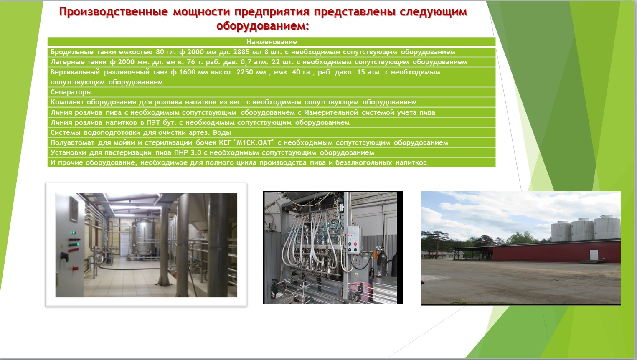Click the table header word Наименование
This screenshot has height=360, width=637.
pyautogui.click(x=271, y=42)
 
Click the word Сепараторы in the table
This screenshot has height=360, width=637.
pyautogui.click(x=71, y=92)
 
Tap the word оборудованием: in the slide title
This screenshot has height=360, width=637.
pyautogui.click(x=263, y=26)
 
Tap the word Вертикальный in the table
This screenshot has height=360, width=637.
pyautogui.click(x=75, y=72)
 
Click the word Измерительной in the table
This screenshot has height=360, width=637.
pyautogui.click(x=331, y=113)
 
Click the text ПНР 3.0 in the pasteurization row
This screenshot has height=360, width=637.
pyautogui.click(x=188, y=153)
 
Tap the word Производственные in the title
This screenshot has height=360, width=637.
pyautogui.click(x=114, y=12)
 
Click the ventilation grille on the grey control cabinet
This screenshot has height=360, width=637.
pyautogui.click(x=74, y=209)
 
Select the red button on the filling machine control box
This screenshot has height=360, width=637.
pyautogui.click(x=355, y=244)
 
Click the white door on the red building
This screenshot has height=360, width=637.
pyautogui.click(x=594, y=254)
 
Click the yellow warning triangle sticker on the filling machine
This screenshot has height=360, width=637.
pyautogui.click(x=356, y=275)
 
